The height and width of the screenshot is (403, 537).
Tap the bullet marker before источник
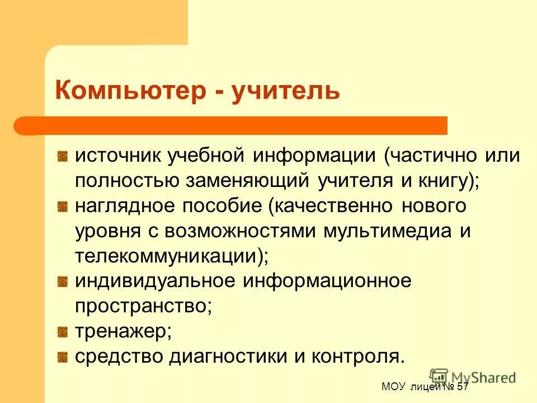click(64, 156)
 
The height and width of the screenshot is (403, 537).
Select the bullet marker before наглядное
click(64, 207)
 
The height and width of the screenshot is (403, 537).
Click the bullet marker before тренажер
click(64, 331)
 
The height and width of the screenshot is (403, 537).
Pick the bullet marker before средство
click(64, 357)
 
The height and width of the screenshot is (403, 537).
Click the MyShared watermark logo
click(473, 377)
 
